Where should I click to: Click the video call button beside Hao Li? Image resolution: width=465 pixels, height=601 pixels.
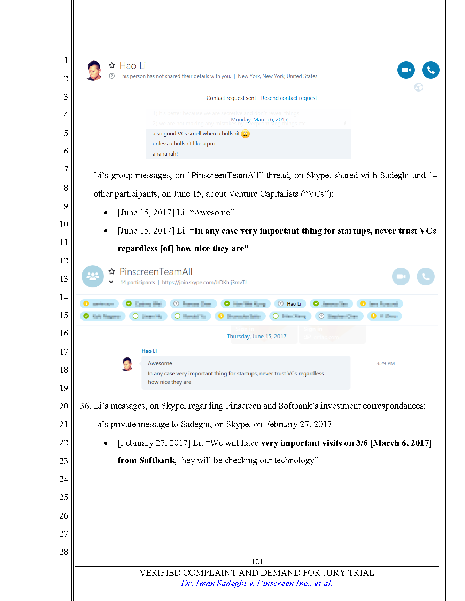406,70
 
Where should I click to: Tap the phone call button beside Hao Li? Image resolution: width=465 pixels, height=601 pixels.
431,70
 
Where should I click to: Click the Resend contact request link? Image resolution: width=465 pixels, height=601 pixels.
289,98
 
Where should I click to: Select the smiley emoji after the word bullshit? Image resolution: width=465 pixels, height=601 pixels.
245,134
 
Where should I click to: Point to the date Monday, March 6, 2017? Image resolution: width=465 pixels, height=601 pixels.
259,120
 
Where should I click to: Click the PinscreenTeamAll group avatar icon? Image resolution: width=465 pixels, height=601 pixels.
93,276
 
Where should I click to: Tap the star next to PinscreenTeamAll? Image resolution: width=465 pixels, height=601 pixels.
112,271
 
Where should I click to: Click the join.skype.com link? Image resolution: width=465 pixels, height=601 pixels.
204,283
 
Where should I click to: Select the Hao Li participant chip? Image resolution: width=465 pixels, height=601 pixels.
290,304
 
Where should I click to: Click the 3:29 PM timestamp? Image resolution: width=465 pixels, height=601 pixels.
385,364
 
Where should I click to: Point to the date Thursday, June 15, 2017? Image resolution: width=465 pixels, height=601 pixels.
257,337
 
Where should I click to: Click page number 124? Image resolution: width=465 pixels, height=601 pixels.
257,562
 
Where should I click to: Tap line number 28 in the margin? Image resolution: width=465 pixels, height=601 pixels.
64,552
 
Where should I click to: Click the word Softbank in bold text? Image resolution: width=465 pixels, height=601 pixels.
157,460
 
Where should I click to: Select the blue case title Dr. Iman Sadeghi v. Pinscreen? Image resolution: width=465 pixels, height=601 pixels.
256,583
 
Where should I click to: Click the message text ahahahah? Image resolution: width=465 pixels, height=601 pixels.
165,154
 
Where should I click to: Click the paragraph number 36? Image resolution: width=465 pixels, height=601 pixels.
85,406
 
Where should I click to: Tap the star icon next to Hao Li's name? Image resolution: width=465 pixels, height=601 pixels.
112,65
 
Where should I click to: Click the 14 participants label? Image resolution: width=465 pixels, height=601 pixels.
138,283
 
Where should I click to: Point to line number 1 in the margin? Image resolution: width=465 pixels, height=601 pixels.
66,60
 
